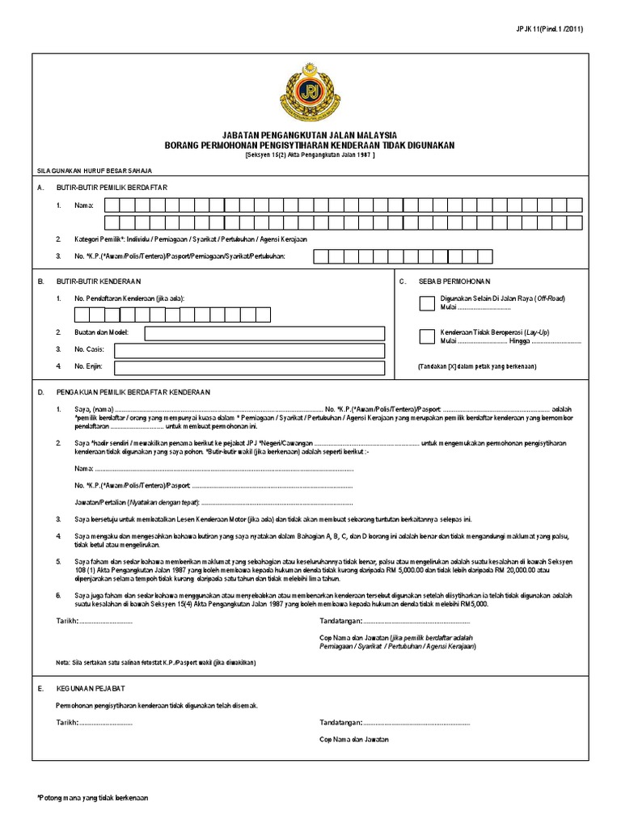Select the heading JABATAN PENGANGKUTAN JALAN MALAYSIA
pyautogui.click(x=310, y=135)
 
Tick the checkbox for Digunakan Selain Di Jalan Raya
pyautogui.click(x=425, y=302)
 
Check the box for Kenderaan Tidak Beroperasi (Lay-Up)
pyautogui.click(x=425, y=336)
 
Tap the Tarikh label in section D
pyautogui.click(x=66, y=622)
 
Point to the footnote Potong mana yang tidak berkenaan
pyautogui.click(x=93, y=797)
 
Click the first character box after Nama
pyautogui.click(x=105, y=205)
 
